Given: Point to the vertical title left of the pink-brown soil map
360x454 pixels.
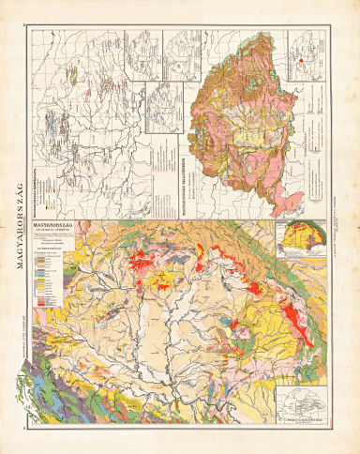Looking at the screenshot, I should coord(186,164).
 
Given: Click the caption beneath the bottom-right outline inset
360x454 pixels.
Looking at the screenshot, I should coord(305,423).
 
